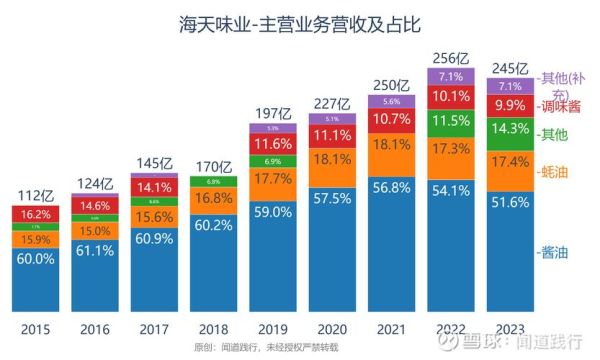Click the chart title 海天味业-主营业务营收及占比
300,23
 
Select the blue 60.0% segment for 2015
35,259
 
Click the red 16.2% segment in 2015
35,214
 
